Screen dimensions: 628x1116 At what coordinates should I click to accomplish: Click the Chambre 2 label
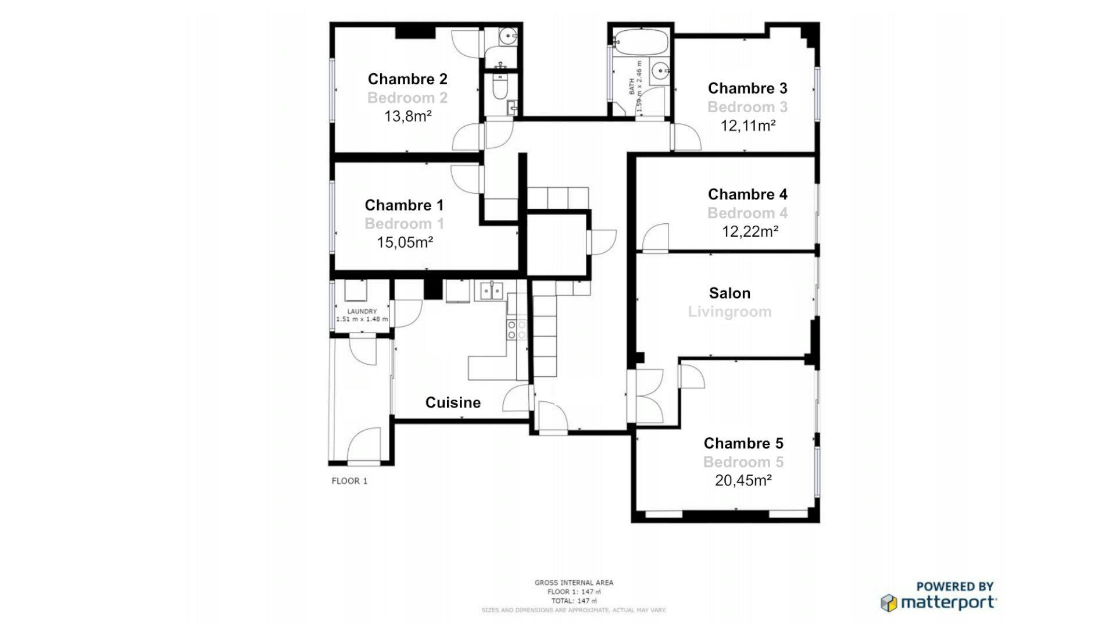tap(407, 79)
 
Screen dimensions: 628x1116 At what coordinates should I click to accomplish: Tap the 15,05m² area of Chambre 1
tap(405, 242)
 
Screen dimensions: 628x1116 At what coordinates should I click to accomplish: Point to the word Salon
tap(729, 293)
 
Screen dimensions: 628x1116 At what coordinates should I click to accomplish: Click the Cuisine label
tap(453, 402)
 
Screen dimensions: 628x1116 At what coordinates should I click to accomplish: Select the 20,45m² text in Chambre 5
tap(743, 480)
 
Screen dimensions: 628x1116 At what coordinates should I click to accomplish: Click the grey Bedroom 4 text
tap(747, 213)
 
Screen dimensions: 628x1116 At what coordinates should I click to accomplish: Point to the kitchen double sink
tap(491, 290)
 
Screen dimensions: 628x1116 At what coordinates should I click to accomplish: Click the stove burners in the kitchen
tap(516, 330)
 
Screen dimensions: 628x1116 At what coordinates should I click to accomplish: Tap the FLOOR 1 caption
tap(349, 481)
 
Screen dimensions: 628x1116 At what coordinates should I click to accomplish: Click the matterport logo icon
tap(889, 603)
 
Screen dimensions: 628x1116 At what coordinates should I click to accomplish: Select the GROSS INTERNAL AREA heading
tap(574, 583)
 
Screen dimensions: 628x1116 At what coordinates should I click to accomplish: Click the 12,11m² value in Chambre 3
tap(747, 126)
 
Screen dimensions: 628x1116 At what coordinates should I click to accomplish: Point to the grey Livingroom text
tap(729, 312)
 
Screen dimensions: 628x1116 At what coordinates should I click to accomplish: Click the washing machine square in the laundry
tap(355, 290)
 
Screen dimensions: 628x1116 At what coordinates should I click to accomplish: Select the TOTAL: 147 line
tap(574, 601)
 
